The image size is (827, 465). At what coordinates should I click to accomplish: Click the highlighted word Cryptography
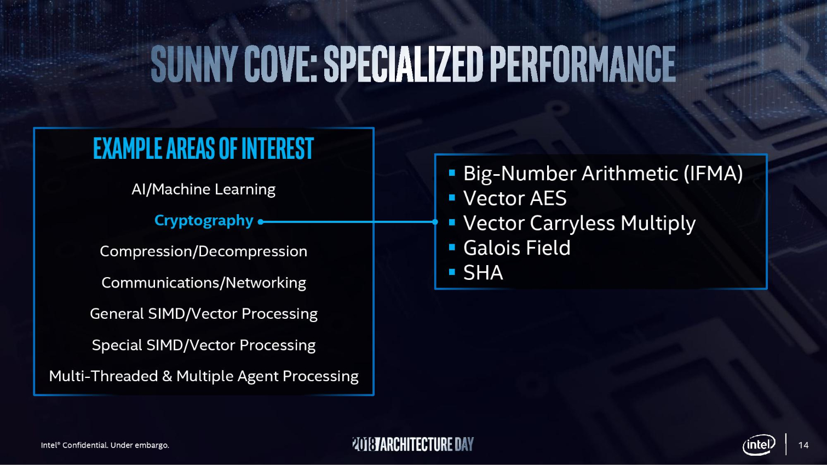point(204,221)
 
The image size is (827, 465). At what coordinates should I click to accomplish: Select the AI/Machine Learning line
point(203,190)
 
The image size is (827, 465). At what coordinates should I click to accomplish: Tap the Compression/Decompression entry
point(203,251)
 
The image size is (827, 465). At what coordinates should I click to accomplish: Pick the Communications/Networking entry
point(204,283)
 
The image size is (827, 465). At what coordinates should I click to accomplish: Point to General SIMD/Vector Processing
point(204,314)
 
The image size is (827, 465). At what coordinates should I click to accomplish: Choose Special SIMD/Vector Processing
point(204,346)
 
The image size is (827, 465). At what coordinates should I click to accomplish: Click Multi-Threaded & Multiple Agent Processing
point(204,376)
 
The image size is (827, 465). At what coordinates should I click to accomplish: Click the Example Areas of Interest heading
point(203,148)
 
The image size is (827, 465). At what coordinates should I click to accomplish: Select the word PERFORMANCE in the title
point(583,64)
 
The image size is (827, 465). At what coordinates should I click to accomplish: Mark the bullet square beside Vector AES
point(452,198)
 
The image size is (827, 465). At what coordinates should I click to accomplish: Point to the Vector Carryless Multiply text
point(579,223)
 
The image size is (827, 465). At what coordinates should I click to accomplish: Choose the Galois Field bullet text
point(517,248)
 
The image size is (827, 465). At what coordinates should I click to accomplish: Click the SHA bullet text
point(483,273)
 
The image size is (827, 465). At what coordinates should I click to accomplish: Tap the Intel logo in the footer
point(759,445)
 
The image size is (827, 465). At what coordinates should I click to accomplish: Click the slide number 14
point(803,445)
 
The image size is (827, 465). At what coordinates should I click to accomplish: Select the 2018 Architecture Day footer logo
point(413,444)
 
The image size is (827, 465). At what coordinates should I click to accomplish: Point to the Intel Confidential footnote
point(105,445)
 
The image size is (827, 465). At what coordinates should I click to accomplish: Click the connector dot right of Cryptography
point(261,222)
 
